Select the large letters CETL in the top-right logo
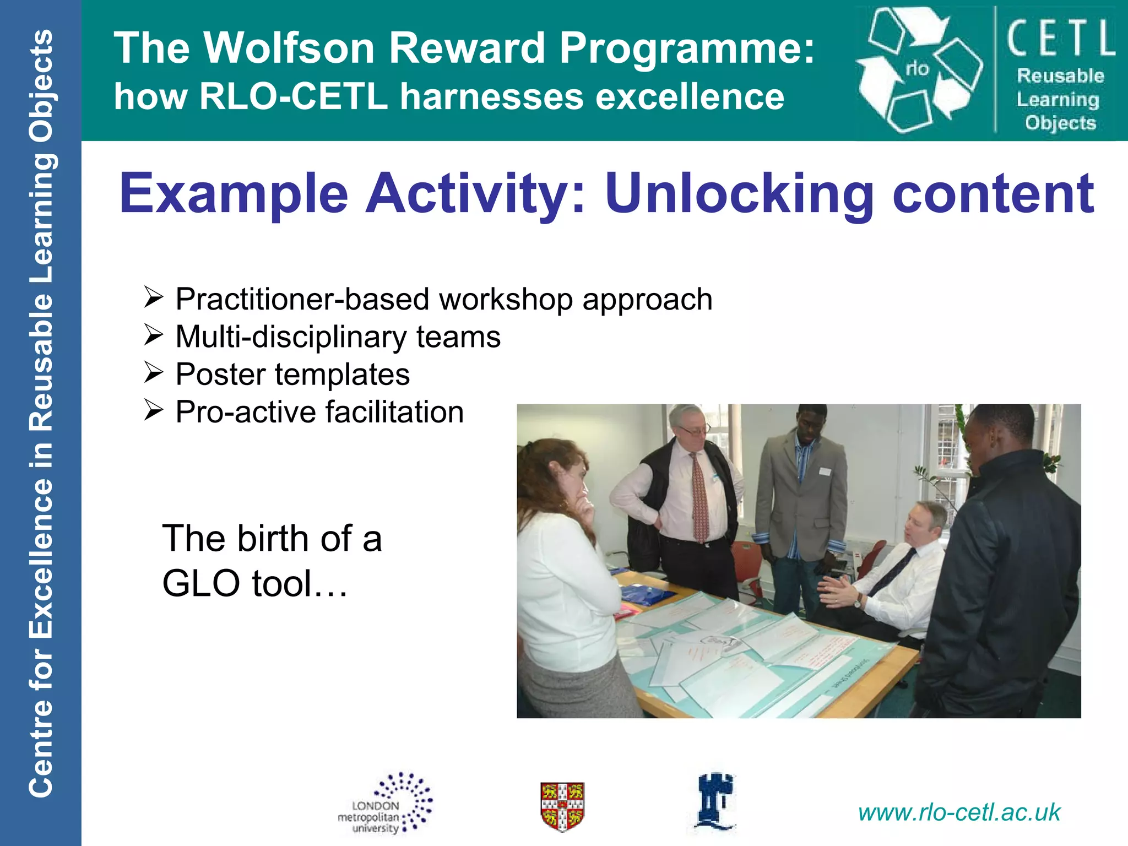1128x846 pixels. (1061, 37)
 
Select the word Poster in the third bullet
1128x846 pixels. (220, 375)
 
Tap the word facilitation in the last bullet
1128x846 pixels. (394, 412)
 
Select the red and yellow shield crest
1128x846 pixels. (562, 806)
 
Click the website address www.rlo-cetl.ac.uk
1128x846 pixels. (959, 812)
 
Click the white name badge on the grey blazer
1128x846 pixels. (824, 471)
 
